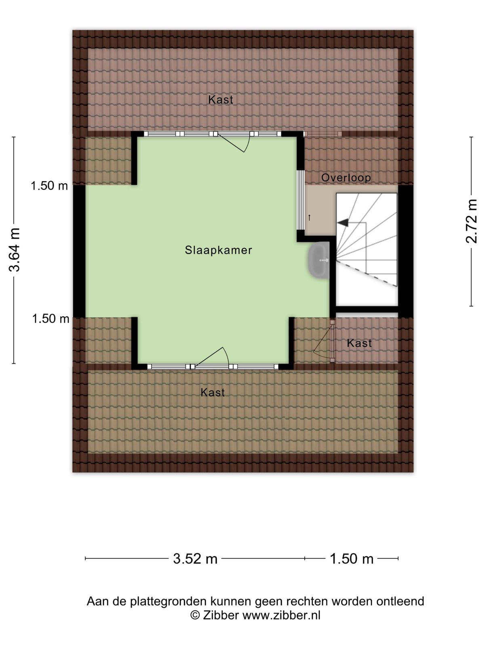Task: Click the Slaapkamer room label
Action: pyautogui.click(x=218, y=250)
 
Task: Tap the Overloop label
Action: pyautogui.click(x=346, y=178)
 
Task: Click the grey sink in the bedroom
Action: pyautogui.click(x=318, y=260)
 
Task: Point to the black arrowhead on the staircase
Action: pyautogui.click(x=343, y=223)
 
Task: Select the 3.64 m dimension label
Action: pyautogui.click(x=14, y=250)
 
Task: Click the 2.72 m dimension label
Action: pyautogui.click(x=471, y=221)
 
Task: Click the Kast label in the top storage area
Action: pyautogui.click(x=221, y=100)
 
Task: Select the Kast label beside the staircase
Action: pyautogui.click(x=359, y=343)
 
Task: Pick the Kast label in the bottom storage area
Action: pyautogui.click(x=213, y=392)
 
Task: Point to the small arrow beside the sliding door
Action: pyautogui.click(x=309, y=218)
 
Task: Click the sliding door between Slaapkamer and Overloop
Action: pyautogui.click(x=300, y=200)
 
